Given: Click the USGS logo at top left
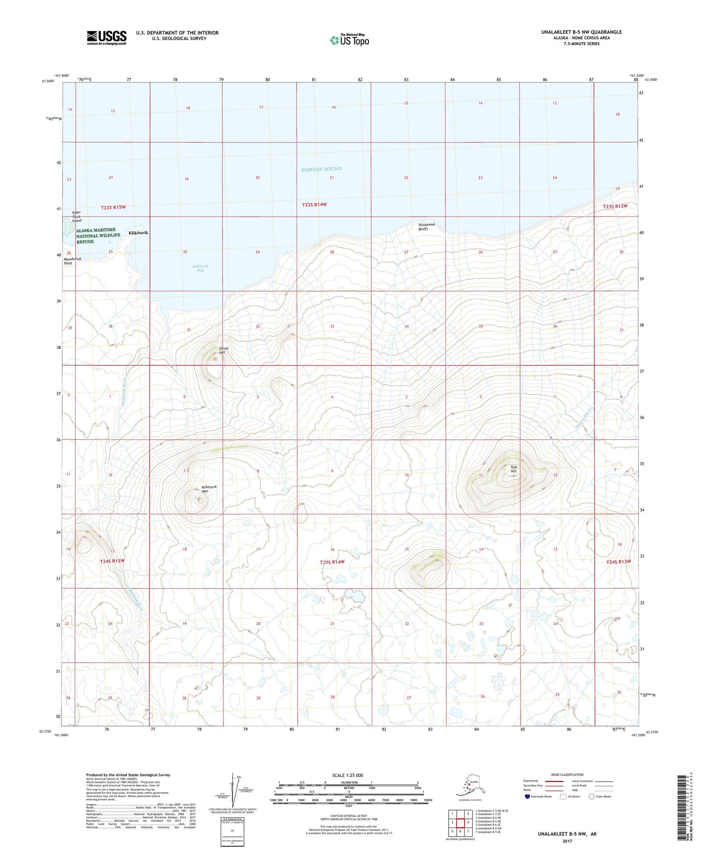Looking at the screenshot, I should click(107, 38).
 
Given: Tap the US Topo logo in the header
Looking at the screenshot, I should click(350, 40).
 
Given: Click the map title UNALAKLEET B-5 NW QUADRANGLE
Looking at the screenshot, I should click(581, 32).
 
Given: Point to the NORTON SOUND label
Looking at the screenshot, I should click(321, 169).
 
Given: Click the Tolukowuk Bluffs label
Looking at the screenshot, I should click(427, 227).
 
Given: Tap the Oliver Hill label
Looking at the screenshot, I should click(224, 350).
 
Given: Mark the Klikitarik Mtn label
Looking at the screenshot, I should click(209, 489).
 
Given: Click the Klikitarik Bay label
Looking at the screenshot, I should click(200, 268).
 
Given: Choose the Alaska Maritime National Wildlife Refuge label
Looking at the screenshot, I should click(98, 236).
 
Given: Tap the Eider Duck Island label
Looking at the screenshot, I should click(77, 216).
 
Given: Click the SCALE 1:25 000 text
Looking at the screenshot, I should click(347, 775).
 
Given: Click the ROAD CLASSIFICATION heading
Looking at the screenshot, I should click(567, 774).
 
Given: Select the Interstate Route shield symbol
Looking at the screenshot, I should click(527, 796).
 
